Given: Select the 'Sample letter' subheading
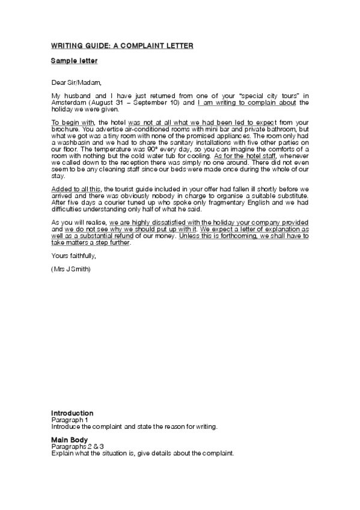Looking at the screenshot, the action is pyautogui.click(x=74, y=61).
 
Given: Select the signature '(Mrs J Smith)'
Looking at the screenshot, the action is pyautogui.click(x=71, y=269).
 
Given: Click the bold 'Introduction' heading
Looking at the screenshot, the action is pyautogui.click(x=72, y=413).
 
